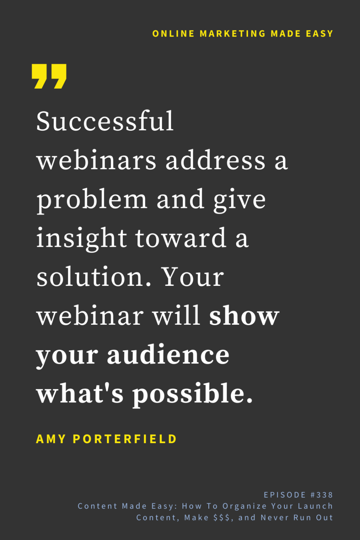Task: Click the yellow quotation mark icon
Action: pos(49,76)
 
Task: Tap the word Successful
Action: pos(105,121)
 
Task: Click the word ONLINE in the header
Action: pos(173,34)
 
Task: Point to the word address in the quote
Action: pos(215,160)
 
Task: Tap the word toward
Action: pos(181,238)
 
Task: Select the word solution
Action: pos(93,277)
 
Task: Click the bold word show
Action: pos(244,316)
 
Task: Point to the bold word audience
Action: pos(168,355)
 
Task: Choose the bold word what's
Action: pos(80,393)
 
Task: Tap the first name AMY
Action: pos(51,439)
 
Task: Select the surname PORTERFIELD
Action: pos(125,439)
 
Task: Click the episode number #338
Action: pos(322,495)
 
